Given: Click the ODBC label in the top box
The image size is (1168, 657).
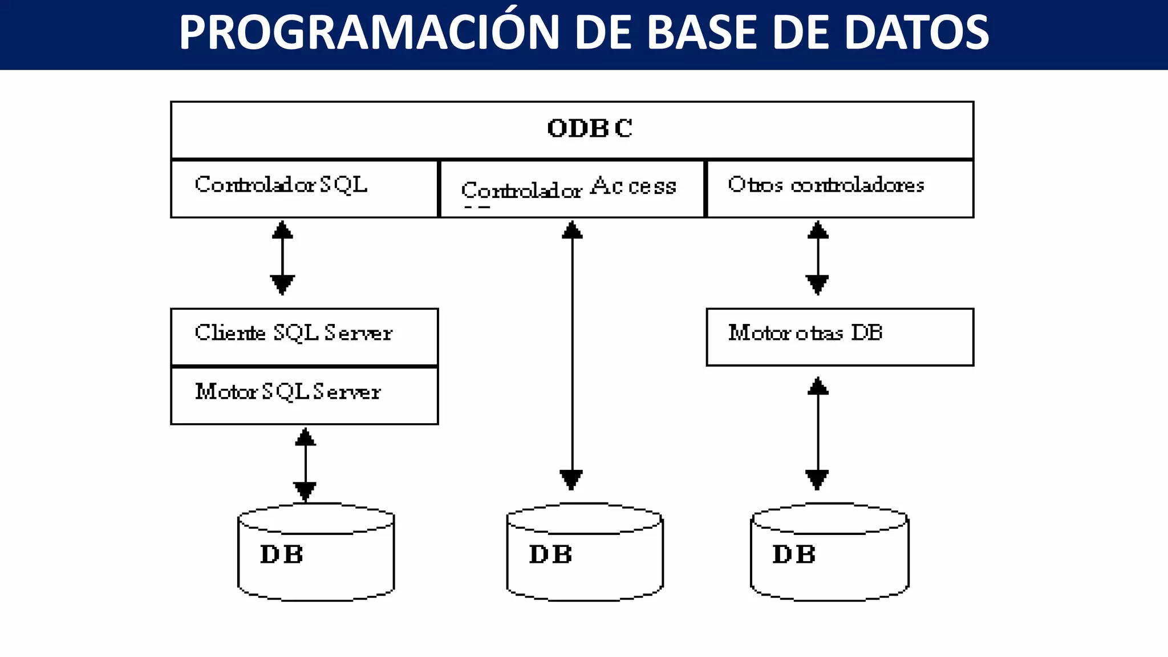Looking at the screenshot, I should tap(590, 128).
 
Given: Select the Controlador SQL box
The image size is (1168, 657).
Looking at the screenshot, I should tap(304, 189).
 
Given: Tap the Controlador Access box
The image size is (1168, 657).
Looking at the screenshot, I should tap(572, 189).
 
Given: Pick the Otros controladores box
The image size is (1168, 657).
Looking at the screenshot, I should tap(839, 189).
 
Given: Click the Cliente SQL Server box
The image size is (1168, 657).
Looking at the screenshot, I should tap(304, 336).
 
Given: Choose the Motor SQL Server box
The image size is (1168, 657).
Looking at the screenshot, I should tap(304, 395).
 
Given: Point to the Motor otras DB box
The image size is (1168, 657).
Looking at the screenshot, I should tap(839, 336).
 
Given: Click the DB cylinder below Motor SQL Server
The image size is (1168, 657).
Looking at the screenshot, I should tap(316, 553).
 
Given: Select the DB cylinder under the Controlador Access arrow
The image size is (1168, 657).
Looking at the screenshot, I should tap(585, 553).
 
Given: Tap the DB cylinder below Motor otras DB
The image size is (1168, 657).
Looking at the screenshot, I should tap(829, 553).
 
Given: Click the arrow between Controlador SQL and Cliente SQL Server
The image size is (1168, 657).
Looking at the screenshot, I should tap(282, 258).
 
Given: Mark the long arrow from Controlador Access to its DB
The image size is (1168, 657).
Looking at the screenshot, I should tap(571, 354).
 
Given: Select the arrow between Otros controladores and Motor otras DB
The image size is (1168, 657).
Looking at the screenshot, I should tap(817, 258).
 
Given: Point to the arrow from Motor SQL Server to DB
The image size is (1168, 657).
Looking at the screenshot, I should tap(305, 464).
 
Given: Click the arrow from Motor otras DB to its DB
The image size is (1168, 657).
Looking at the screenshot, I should tap(817, 433).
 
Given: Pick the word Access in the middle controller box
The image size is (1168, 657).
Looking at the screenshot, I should tap(633, 186).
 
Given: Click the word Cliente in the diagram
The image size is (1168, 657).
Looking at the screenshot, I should tap(230, 332).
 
